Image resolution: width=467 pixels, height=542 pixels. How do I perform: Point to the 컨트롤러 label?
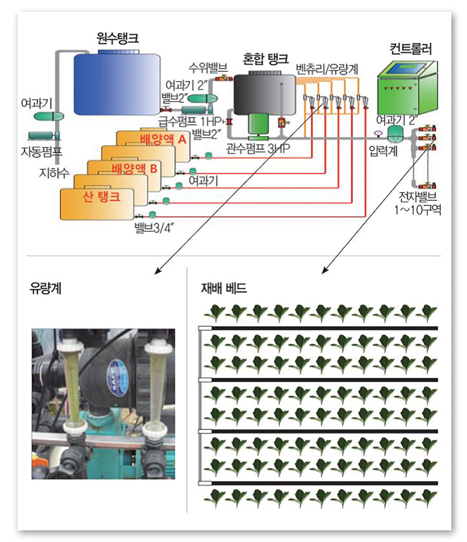tap(410, 48)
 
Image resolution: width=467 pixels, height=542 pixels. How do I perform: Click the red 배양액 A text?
tap(163, 139)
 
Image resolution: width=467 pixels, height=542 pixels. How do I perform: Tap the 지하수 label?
tap(54, 174)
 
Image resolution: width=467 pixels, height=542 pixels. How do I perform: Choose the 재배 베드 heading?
tap(223, 288)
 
